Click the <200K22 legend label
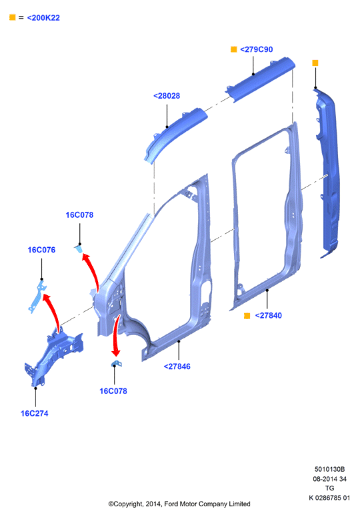[43, 18]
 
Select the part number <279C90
[257, 49]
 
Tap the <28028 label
[167, 96]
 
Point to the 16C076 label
[41, 250]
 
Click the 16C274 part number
[34, 414]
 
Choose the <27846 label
[177, 366]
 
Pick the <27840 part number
[268, 316]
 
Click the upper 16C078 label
[79, 215]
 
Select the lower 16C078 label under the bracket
[113, 391]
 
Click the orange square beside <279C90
[233, 49]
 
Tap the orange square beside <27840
[247, 316]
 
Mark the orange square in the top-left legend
[13, 17]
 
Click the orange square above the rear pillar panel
[315, 63]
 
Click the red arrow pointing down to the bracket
[115, 334]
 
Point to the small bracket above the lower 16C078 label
[117, 363]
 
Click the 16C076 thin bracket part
[37, 296]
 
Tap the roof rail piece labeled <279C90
[261, 79]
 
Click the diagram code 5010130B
[329, 469]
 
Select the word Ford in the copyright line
[171, 504]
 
